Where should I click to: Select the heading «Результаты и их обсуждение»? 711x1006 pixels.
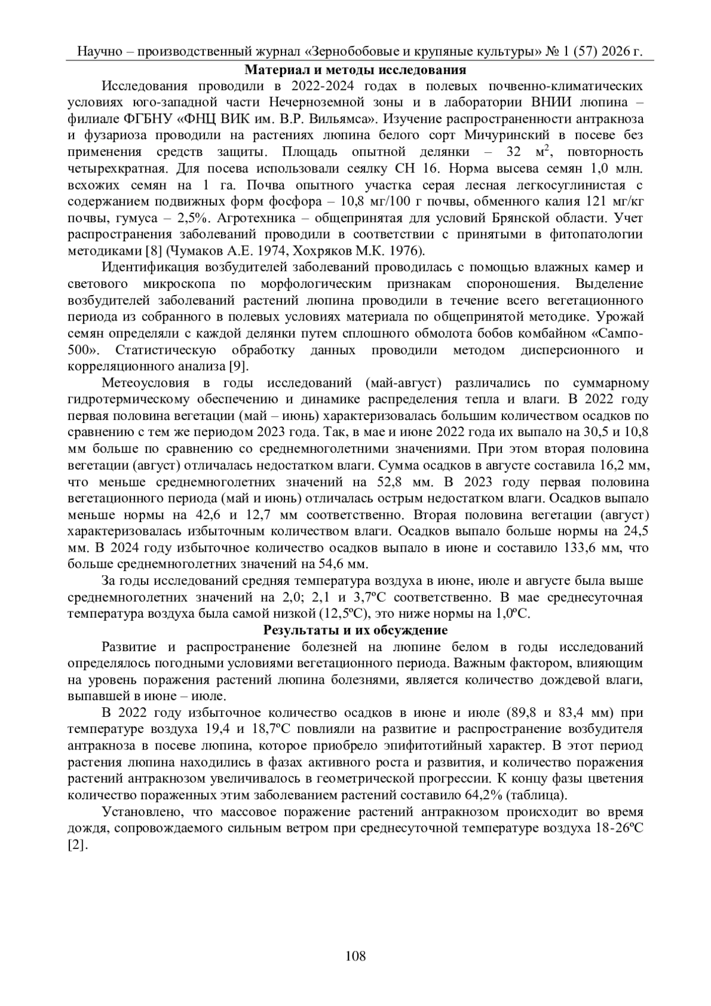[355, 629]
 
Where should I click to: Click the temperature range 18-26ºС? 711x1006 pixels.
[617, 828]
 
